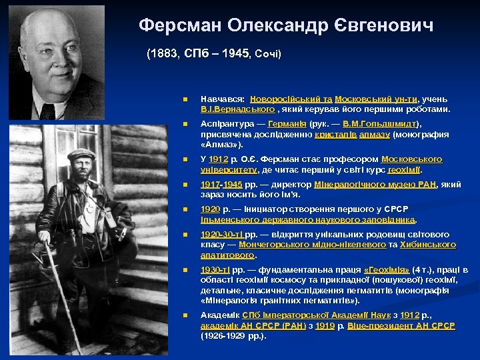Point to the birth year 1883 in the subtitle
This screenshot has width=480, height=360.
click(x=163, y=54)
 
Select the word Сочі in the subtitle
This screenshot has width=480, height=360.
click(x=267, y=54)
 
